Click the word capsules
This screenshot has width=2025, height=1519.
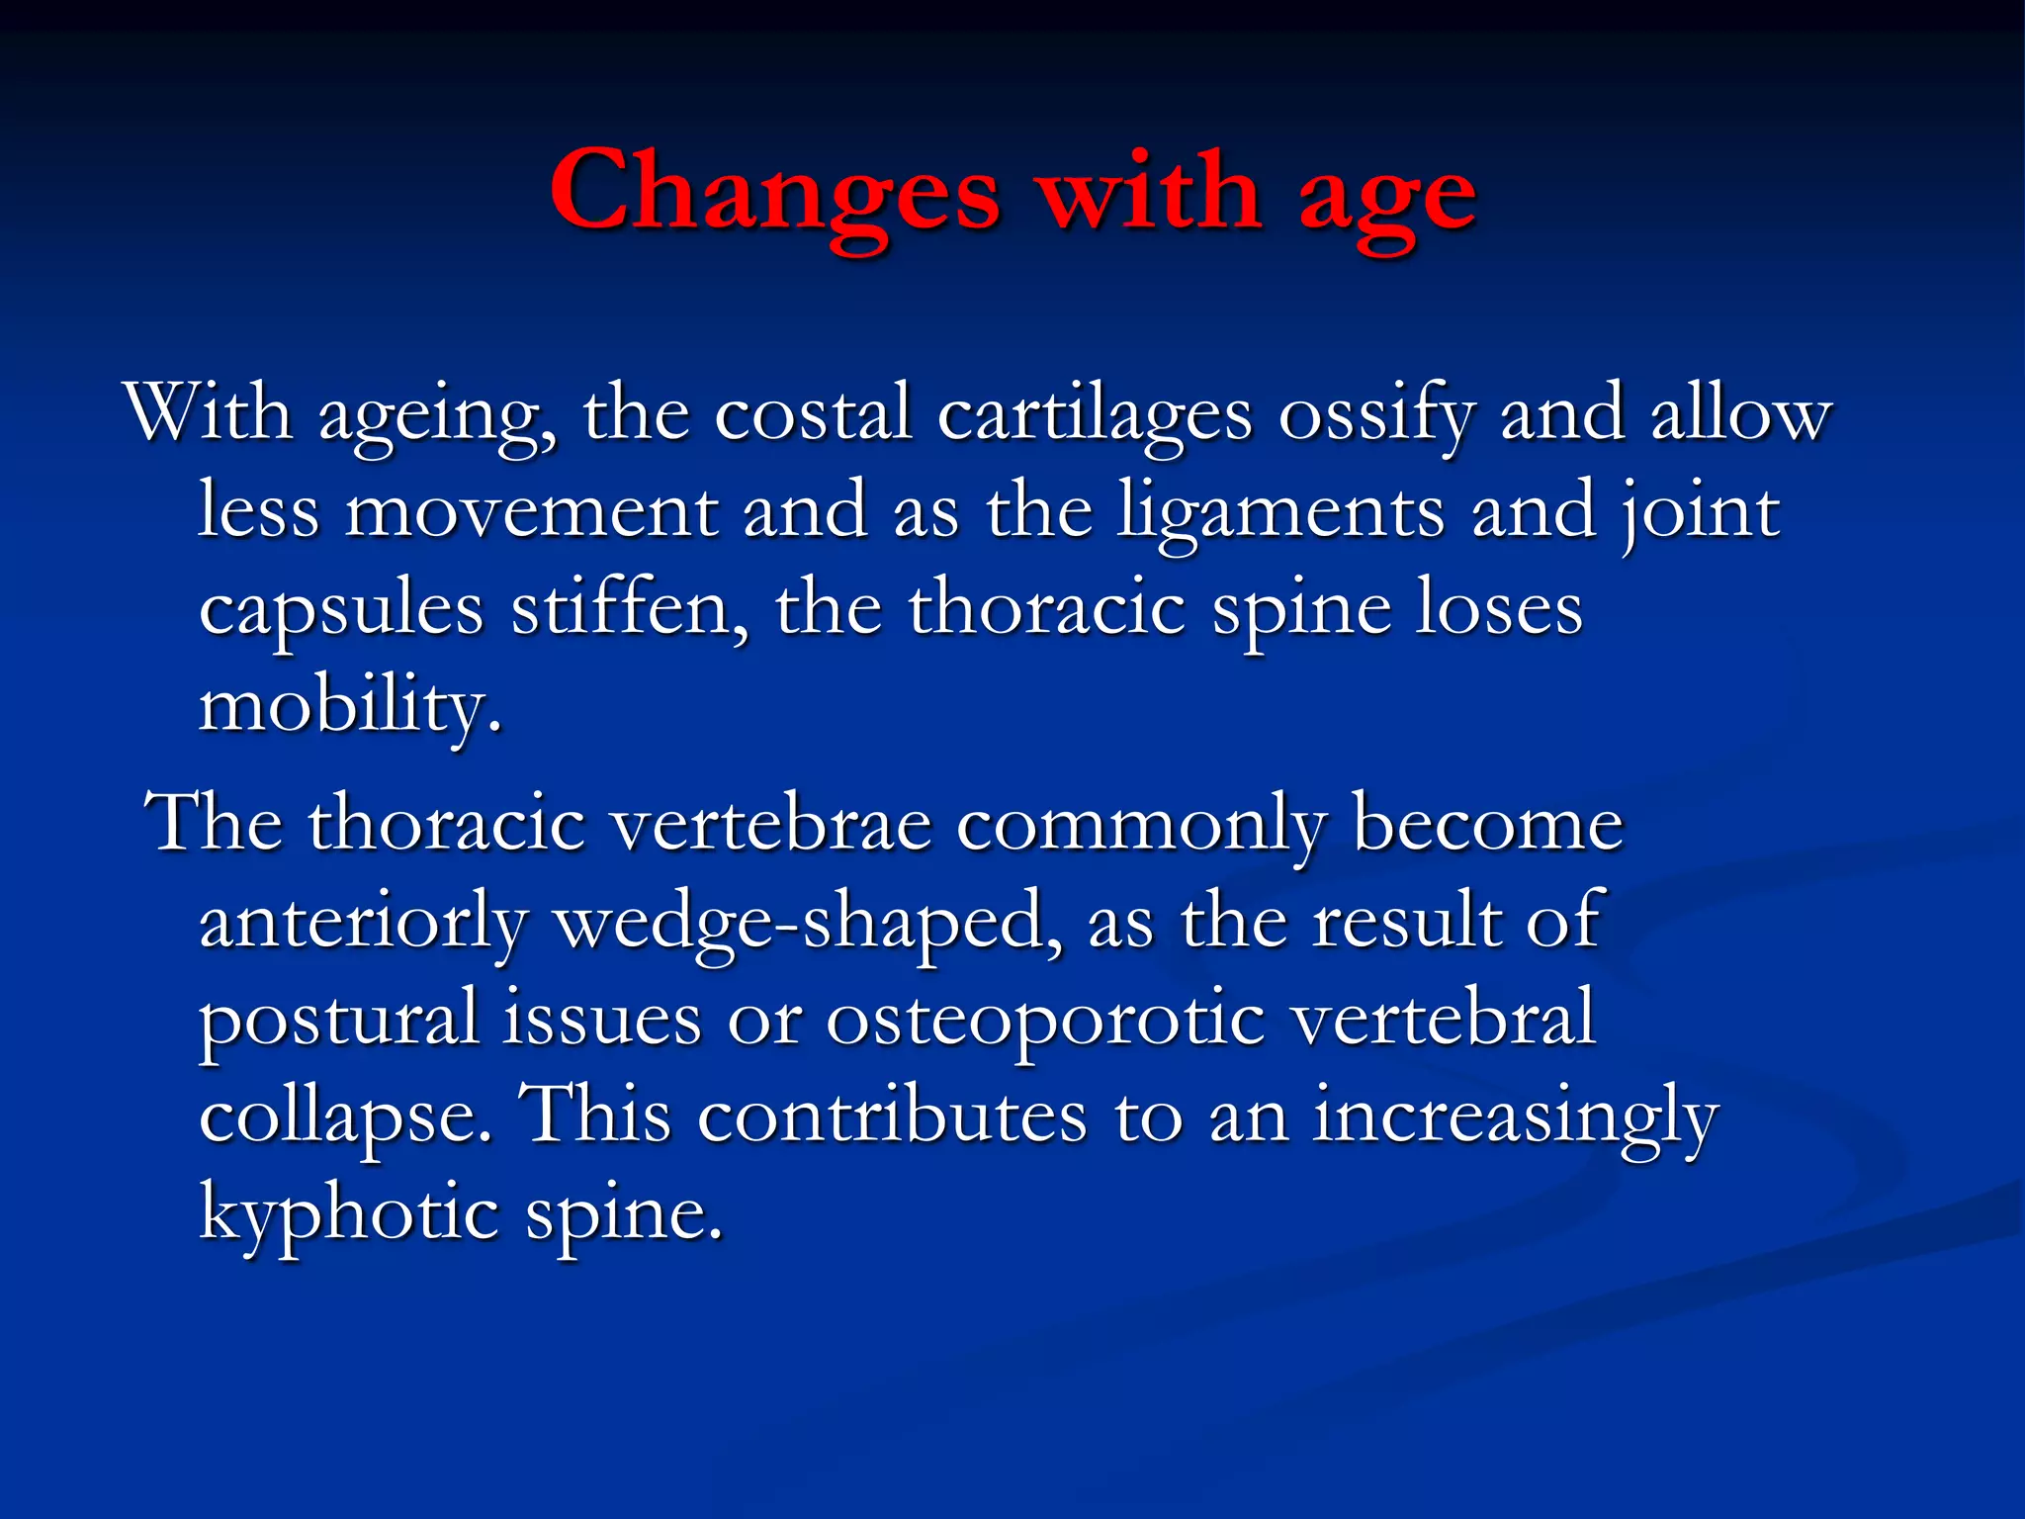[x=341, y=611]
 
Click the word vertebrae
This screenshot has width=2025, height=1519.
[x=771, y=824]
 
